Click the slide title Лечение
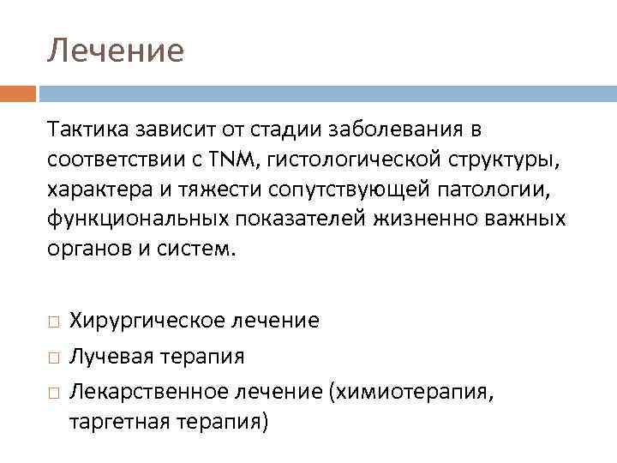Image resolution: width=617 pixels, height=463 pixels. (x=115, y=51)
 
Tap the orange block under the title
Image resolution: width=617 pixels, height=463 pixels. (x=18, y=93)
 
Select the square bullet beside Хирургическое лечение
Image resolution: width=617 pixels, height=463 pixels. (x=53, y=322)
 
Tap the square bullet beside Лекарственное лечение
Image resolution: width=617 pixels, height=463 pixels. (x=53, y=391)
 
